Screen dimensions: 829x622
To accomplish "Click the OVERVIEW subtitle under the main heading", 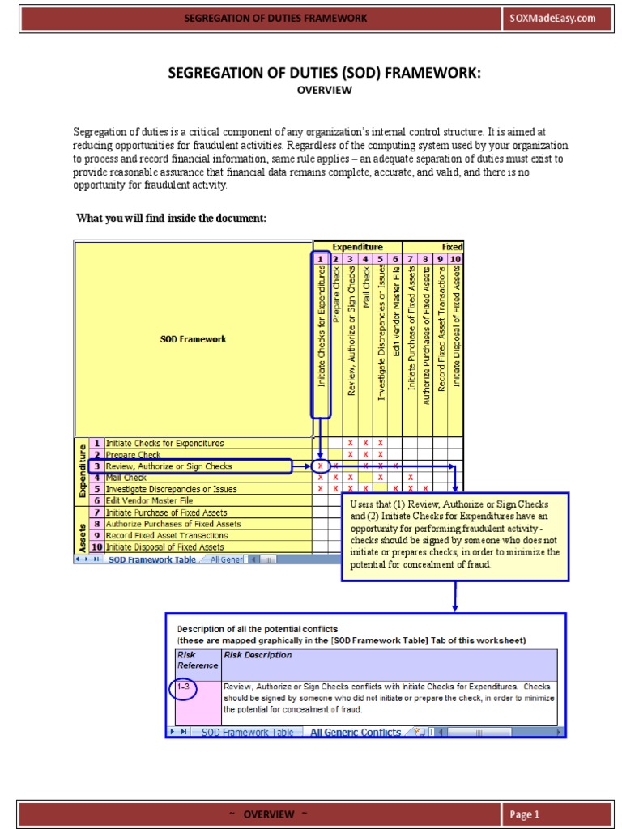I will tap(324, 91).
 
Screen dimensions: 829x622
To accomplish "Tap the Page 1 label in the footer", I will tap(525, 814).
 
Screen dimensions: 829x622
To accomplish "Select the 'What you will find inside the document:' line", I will tap(171, 219).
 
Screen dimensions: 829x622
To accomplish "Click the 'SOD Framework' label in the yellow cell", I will tap(193, 339).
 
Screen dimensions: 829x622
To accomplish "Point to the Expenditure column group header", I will tap(357, 246).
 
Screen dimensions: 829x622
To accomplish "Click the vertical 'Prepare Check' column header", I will tap(336, 292).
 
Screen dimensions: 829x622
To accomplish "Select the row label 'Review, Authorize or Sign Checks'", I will tap(168, 466).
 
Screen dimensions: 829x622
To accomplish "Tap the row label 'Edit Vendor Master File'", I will tap(151, 501).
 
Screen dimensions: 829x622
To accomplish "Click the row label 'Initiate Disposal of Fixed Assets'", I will tap(165, 547).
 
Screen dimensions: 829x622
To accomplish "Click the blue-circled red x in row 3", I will tap(321, 466).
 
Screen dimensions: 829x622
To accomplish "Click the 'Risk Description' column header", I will tap(258, 655).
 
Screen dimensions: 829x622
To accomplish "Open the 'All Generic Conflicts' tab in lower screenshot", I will tap(356, 732).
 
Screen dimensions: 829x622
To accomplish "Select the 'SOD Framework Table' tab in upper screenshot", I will tap(151, 559).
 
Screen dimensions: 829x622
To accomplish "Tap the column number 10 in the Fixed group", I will tap(455, 259).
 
